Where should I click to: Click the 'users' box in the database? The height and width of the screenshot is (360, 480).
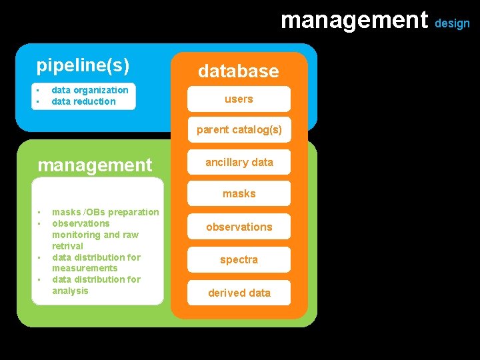(x=239, y=99)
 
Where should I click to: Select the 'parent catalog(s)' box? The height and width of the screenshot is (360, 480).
(x=239, y=130)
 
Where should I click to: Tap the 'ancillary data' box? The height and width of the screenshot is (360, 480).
(x=239, y=162)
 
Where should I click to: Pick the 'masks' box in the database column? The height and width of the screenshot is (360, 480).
(x=239, y=194)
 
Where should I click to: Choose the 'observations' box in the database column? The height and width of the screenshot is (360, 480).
(x=239, y=227)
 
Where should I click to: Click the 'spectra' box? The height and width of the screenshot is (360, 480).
(x=239, y=259)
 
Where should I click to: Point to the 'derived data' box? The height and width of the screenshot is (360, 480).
(x=239, y=293)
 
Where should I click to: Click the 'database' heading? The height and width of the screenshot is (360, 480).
(x=238, y=71)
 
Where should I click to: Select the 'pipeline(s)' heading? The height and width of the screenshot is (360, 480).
(x=83, y=65)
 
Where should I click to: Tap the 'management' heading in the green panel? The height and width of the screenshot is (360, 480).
(x=95, y=165)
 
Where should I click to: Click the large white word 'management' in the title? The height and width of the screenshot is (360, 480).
(x=354, y=20)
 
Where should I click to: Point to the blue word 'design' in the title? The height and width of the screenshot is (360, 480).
(x=453, y=23)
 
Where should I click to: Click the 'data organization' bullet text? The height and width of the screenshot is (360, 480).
(x=90, y=90)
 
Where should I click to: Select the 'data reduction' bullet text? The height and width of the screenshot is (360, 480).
(x=83, y=101)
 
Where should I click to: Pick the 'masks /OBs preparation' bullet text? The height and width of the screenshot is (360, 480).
(x=105, y=212)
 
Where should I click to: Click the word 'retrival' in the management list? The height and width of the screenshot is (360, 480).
(x=67, y=246)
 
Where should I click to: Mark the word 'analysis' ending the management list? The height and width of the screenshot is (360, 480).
(x=70, y=291)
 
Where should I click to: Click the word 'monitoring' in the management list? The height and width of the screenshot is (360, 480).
(x=75, y=235)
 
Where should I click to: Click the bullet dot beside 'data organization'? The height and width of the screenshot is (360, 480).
(x=39, y=90)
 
